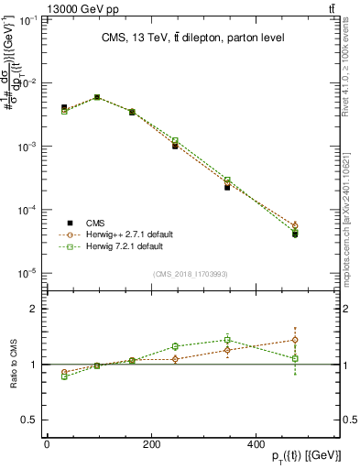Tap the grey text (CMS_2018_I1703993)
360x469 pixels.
191,274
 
